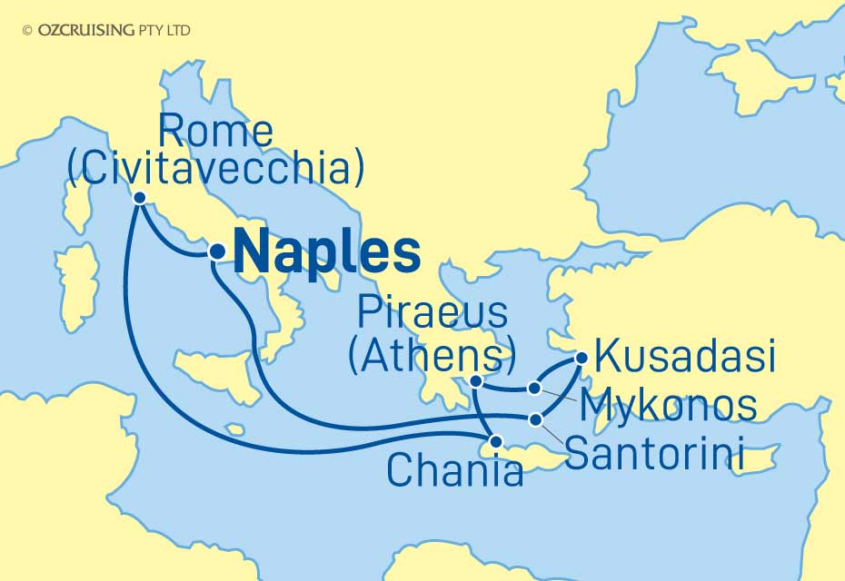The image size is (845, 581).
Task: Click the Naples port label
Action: (x=328, y=251)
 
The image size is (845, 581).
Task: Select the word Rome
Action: (x=215, y=133)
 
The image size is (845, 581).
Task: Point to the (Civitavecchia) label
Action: (x=216, y=168)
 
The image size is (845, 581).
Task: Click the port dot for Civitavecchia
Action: (x=140, y=198)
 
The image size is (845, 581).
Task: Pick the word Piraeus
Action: (x=432, y=314)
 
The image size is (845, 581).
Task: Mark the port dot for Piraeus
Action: (x=476, y=382)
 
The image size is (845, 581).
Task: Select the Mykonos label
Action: (x=669, y=405)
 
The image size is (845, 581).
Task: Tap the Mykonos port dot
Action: (x=536, y=389)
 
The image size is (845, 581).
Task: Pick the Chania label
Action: (x=454, y=470)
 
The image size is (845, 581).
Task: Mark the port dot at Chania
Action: (x=495, y=442)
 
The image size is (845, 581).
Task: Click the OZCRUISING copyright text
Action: (x=107, y=30)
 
